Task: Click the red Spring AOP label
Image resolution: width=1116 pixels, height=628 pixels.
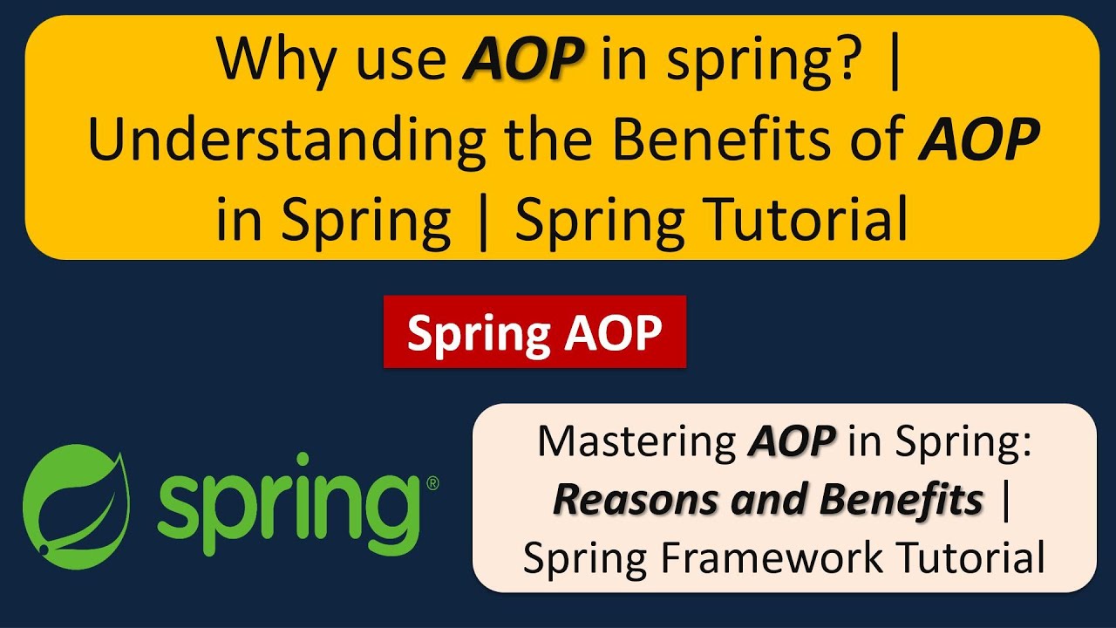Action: click(534, 332)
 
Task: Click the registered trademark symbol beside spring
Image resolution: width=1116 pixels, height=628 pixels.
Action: click(432, 482)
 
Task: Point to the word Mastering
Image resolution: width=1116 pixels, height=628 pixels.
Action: click(637, 442)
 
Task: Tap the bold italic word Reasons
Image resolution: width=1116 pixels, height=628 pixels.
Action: click(618, 500)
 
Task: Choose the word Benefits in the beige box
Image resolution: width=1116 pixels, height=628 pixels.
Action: click(902, 500)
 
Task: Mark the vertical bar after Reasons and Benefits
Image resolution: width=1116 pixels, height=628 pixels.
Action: click(1008, 500)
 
